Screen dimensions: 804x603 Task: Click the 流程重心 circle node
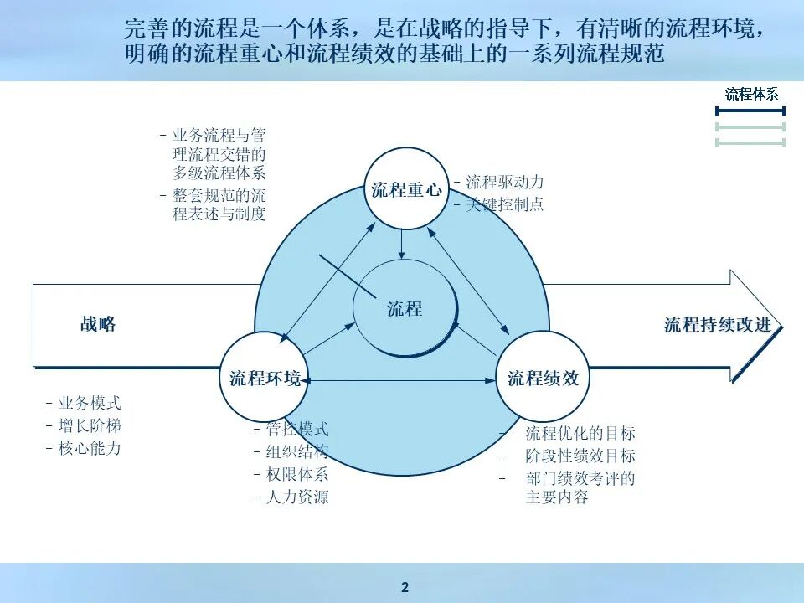point(406,189)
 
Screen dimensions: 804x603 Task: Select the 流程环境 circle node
point(265,378)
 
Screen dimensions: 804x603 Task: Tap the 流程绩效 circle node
point(543,378)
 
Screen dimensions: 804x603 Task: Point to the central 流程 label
point(405,309)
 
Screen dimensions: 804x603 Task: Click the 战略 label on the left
point(98,324)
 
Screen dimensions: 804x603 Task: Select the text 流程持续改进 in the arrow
point(717,325)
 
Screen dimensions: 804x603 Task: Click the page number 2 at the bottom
point(405,587)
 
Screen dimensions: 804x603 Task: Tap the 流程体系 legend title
point(751,94)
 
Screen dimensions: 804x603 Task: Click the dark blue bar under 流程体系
point(750,111)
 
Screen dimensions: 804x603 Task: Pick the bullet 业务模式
point(90,404)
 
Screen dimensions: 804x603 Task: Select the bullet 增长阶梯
point(90,425)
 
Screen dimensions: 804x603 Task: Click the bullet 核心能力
point(90,448)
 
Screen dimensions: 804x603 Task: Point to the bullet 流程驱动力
point(505,182)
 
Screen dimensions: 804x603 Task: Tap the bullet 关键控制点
point(505,204)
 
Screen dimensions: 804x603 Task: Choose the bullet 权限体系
point(297,474)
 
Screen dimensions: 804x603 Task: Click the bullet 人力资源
point(297,497)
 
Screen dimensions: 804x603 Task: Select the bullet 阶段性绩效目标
point(580,456)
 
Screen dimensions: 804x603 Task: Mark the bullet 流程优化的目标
point(580,433)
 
